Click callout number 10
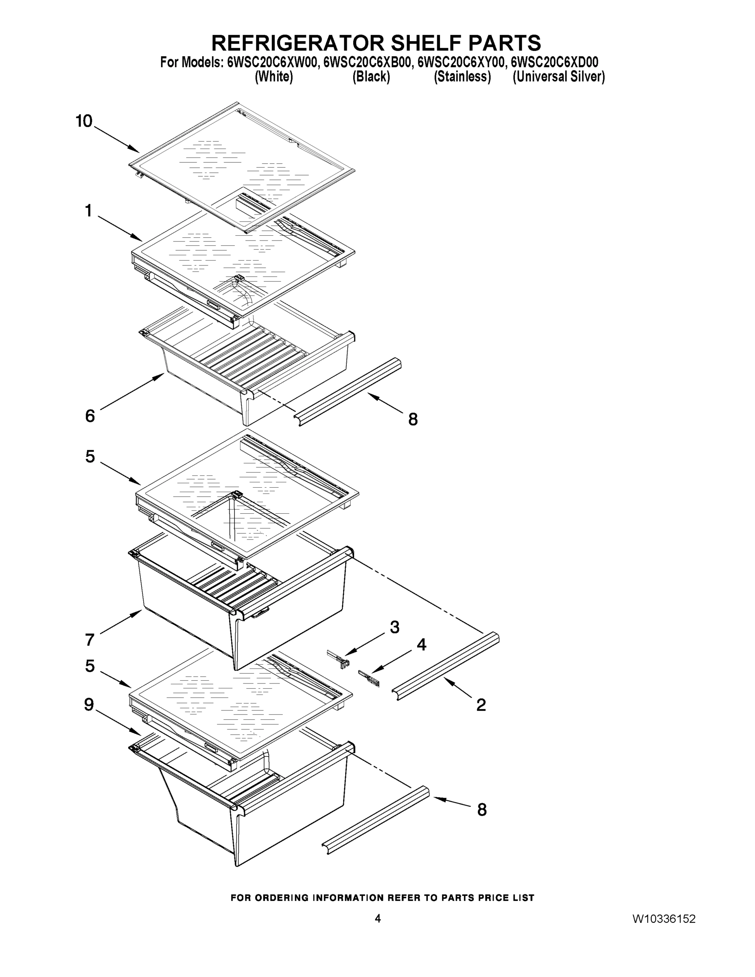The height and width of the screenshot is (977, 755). (84, 121)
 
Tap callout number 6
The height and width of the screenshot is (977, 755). (90, 416)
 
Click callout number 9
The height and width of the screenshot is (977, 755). (89, 705)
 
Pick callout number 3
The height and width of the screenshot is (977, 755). (394, 627)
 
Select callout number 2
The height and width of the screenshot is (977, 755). (481, 705)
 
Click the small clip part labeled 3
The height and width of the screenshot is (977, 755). (339, 659)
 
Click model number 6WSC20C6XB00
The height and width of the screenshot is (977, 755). (367, 62)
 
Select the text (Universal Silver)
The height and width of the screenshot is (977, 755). (559, 77)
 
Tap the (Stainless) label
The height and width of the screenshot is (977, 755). (462, 77)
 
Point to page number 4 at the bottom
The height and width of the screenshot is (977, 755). (378, 918)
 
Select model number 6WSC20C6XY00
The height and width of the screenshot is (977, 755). (461, 62)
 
